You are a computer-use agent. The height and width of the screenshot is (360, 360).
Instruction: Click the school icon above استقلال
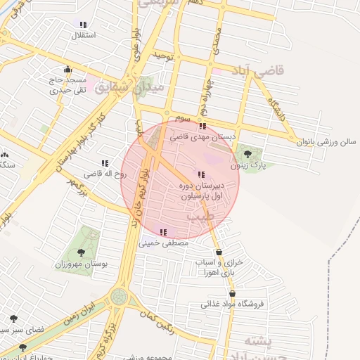pos(84,24)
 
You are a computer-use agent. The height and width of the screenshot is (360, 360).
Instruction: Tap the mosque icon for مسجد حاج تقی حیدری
pos(67,70)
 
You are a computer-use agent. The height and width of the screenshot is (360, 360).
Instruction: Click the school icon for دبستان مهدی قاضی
pos(202,127)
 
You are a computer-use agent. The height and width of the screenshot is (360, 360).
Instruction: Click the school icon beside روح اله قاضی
pos(105,163)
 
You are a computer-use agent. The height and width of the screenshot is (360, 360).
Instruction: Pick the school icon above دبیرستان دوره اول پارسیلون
pos(201,174)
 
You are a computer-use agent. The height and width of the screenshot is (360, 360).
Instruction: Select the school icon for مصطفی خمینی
pos(164,232)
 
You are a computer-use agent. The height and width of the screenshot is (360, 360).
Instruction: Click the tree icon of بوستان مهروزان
pos(81,252)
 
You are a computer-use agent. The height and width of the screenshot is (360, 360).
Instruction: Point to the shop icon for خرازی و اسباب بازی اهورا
pos(219,251)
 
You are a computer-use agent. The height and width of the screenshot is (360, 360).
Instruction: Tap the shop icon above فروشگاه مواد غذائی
pos(232,294)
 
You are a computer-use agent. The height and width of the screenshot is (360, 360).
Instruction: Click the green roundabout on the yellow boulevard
pos(119,296)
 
